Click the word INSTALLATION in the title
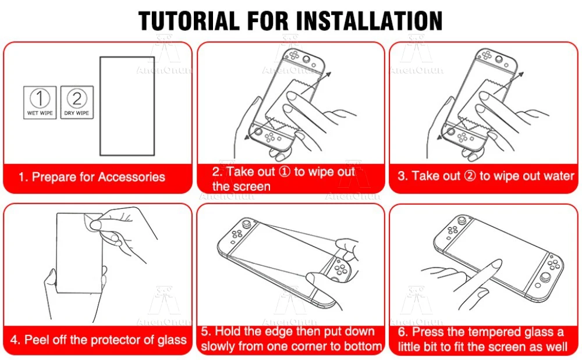point(371,21)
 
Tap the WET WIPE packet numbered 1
point(40,102)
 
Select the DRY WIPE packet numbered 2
point(77,102)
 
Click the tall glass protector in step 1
point(127,106)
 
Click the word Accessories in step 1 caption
point(132,177)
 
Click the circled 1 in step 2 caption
point(285,172)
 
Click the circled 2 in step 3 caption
point(470,176)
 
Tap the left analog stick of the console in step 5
point(247,224)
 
